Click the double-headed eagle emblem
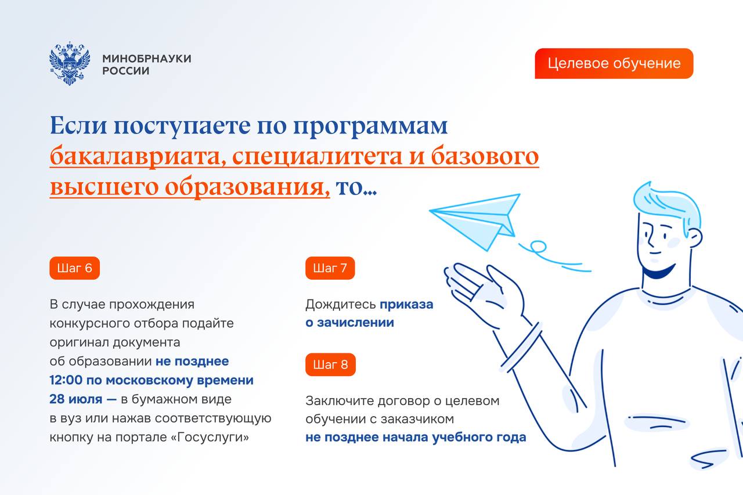point(70,63)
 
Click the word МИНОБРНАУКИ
point(147,59)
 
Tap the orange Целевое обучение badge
point(614,63)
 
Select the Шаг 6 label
point(75,268)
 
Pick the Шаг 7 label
point(330,268)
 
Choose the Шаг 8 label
point(330,364)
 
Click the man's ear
point(695,238)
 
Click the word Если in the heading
point(78,125)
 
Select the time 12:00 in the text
point(66,380)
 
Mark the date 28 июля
point(75,399)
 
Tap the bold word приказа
point(406,304)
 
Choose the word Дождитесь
point(341,304)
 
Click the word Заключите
point(340,401)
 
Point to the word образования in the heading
point(247,187)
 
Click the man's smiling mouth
point(658,271)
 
